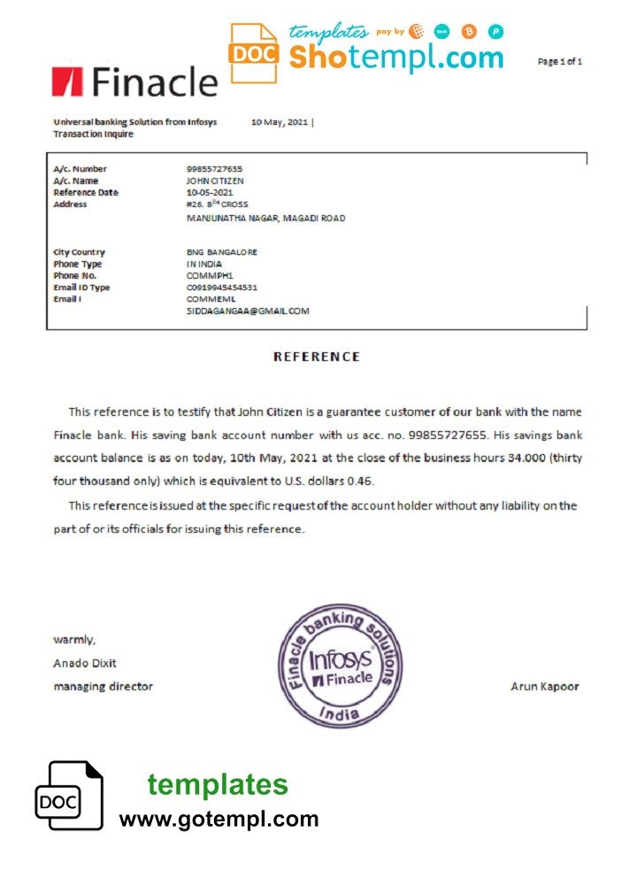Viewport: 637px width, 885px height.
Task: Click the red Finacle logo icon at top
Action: (x=66, y=81)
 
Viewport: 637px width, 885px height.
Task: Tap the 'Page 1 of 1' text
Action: (x=559, y=62)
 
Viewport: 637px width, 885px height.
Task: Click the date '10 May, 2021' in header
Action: (x=280, y=122)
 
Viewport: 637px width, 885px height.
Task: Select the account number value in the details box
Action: (x=214, y=169)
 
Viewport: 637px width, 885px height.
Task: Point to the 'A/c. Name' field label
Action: (x=75, y=181)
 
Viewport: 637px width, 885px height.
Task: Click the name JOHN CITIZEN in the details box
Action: (x=216, y=181)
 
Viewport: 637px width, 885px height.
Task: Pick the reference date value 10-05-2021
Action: (x=210, y=192)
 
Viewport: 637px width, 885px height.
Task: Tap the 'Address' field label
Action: (x=70, y=204)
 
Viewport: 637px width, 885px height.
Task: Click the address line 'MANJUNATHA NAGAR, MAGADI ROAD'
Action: (x=265, y=218)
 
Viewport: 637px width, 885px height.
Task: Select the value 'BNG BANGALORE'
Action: (x=222, y=252)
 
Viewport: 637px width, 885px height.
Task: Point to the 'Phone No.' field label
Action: (x=75, y=275)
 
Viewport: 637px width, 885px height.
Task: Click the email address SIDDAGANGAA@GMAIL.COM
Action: (x=248, y=312)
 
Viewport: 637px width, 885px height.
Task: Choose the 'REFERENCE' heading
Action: (x=317, y=357)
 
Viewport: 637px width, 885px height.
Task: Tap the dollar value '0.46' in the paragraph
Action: (x=361, y=481)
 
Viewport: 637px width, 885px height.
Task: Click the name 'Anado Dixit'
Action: (x=85, y=663)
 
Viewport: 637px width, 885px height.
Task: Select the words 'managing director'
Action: (x=103, y=686)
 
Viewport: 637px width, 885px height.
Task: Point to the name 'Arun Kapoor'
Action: (x=545, y=686)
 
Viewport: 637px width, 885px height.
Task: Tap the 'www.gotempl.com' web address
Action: (x=219, y=820)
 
